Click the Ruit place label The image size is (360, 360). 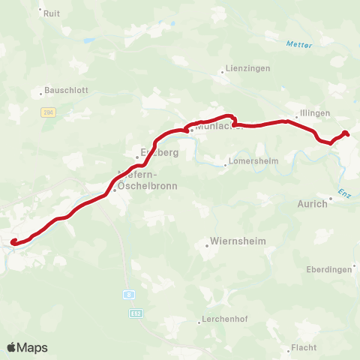[x=52, y=13]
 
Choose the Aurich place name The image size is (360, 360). [x=312, y=203]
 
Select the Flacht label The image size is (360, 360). [x=304, y=347]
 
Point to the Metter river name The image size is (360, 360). [x=298, y=44]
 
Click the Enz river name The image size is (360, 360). [x=344, y=193]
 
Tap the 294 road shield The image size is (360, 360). [x=48, y=111]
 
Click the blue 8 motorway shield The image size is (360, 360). [x=129, y=295]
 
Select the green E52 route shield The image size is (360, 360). [x=135, y=312]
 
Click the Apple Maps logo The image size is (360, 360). [x=27, y=347]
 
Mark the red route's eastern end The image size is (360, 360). [x=346, y=133]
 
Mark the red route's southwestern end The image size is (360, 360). [x=13, y=241]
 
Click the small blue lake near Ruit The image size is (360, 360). [x=89, y=40]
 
